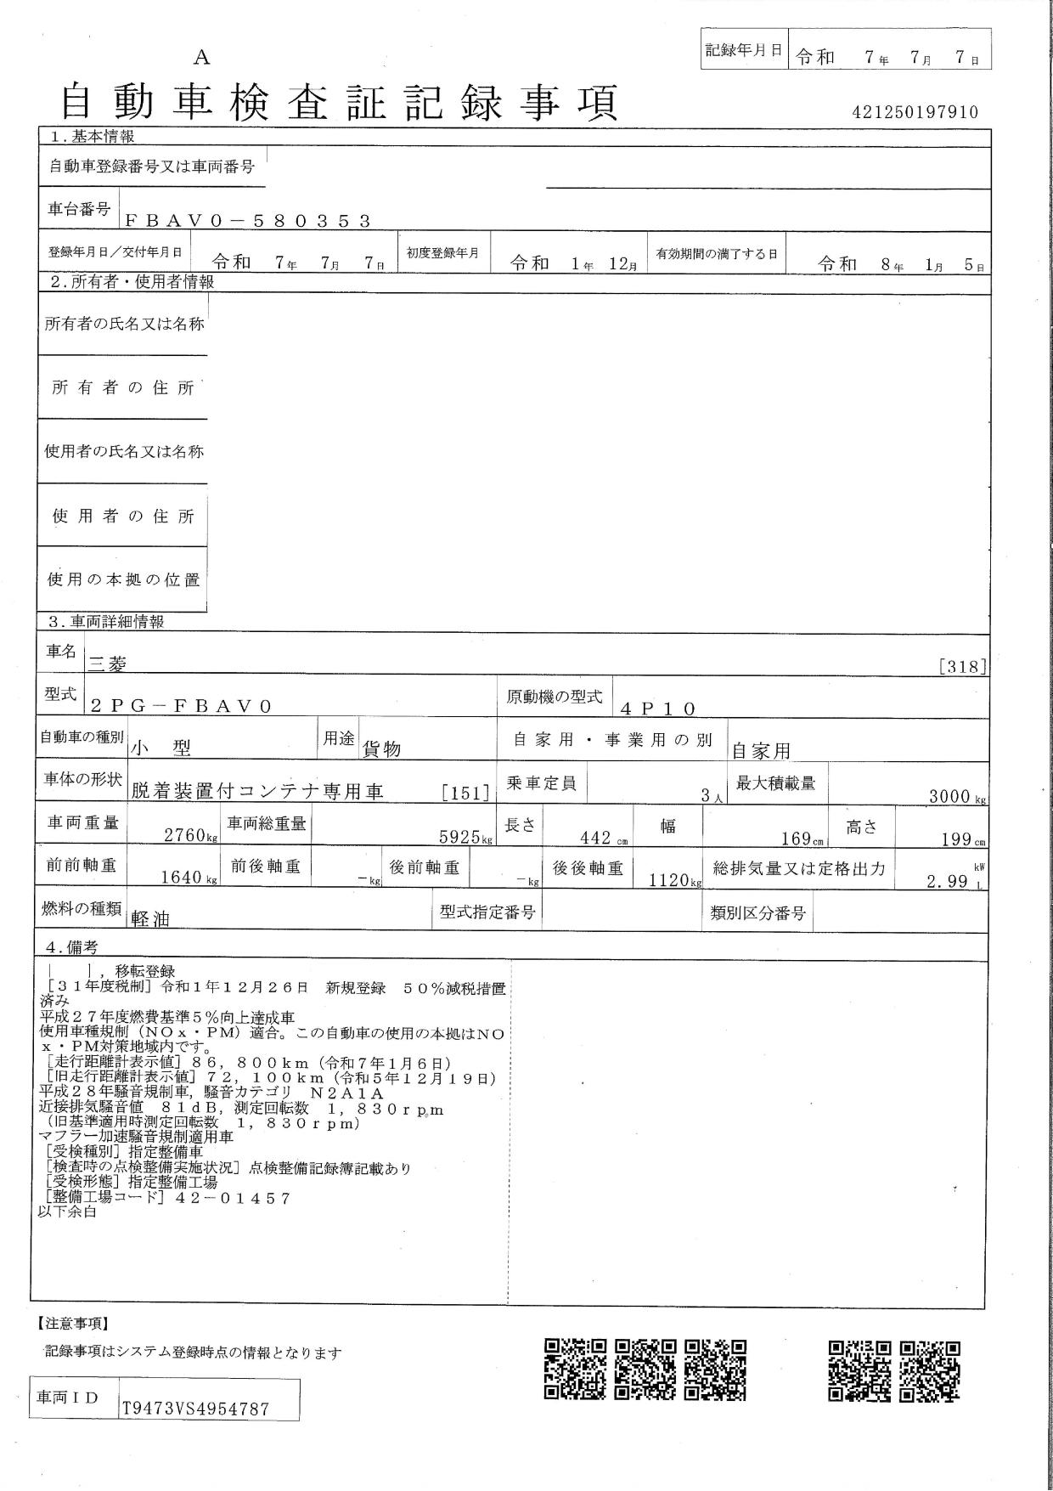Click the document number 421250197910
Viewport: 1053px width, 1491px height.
click(915, 112)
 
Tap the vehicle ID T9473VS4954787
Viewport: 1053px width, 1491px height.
click(195, 1409)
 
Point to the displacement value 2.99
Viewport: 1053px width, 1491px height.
click(948, 882)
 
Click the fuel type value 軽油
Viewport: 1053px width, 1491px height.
click(150, 919)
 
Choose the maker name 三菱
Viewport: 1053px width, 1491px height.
click(108, 664)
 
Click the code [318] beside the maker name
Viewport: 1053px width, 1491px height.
click(963, 667)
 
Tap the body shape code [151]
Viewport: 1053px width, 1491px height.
click(465, 793)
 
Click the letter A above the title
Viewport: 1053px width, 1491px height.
click(201, 58)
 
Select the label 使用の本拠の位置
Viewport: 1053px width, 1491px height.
click(123, 580)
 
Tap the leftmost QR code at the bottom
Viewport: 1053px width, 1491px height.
click(575, 1369)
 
